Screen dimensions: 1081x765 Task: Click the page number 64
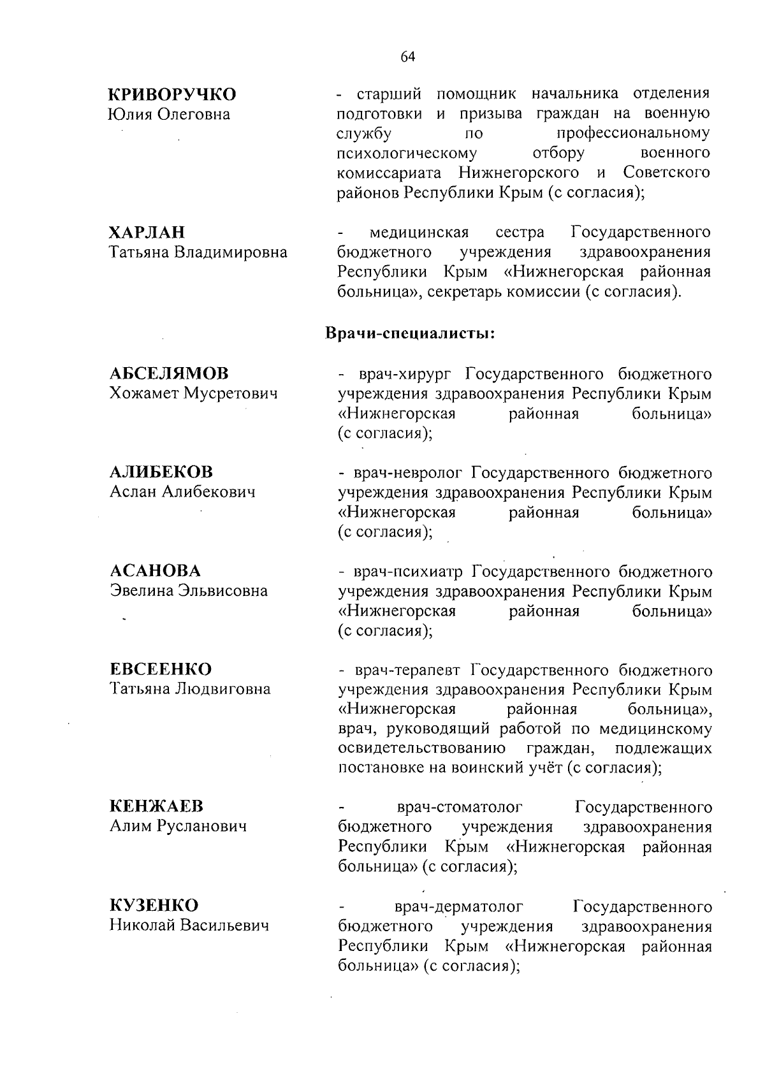point(408,57)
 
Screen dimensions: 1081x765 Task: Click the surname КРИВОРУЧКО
point(172,95)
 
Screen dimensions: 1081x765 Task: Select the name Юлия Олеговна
point(170,115)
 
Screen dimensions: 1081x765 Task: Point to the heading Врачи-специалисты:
point(411,333)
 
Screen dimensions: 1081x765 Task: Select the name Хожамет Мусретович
point(194,393)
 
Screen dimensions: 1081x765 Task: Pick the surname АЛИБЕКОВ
point(161,472)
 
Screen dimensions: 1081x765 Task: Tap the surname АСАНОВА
point(155,570)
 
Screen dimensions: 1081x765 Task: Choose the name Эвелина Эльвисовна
point(189,590)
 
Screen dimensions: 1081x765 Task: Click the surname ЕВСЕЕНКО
point(161,669)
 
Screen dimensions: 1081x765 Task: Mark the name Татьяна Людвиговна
point(190,689)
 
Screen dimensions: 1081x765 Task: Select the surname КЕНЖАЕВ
point(156,806)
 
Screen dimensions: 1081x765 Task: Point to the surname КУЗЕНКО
point(154,905)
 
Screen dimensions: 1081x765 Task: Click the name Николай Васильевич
point(189,925)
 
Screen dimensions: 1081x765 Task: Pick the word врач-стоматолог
point(460,808)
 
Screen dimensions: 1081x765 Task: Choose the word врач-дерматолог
point(459,906)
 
